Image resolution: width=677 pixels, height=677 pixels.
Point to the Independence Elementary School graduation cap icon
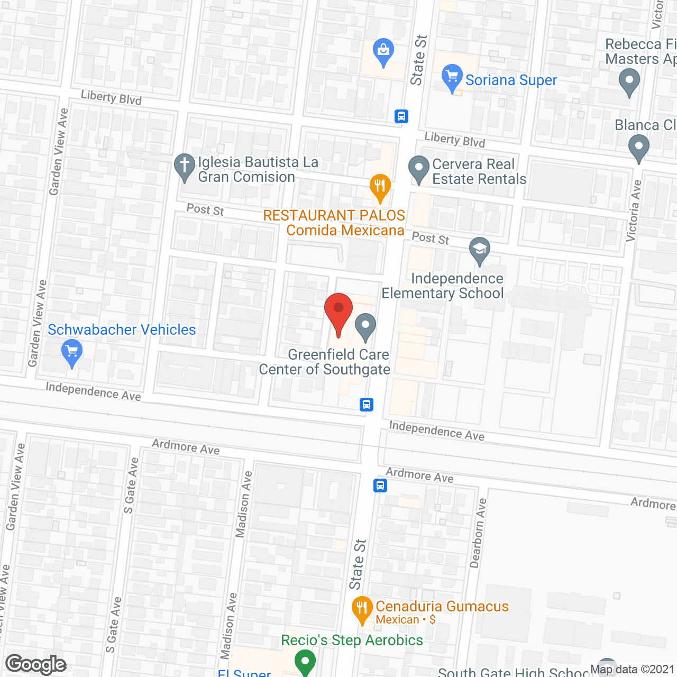click(x=480, y=251)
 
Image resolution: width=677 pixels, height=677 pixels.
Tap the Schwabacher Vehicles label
click(x=122, y=330)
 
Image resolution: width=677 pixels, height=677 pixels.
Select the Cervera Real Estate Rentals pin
click(x=419, y=169)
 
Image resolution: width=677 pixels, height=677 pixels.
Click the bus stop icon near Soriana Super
click(x=401, y=116)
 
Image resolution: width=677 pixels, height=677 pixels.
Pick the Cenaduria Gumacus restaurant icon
click(x=362, y=609)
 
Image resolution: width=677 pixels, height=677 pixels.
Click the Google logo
click(x=35, y=664)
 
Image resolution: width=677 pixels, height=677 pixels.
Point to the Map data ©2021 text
click(x=632, y=669)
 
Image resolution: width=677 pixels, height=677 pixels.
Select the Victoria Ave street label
click(x=634, y=211)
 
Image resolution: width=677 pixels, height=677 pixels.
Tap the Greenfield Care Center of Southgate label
click(x=325, y=362)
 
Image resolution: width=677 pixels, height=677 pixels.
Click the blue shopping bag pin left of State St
click(x=383, y=52)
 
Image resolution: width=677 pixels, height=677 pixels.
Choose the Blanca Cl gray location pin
click(x=639, y=148)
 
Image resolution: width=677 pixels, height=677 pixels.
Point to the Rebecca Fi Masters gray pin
click(x=629, y=83)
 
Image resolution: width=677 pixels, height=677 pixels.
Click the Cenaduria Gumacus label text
click(x=442, y=606)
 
